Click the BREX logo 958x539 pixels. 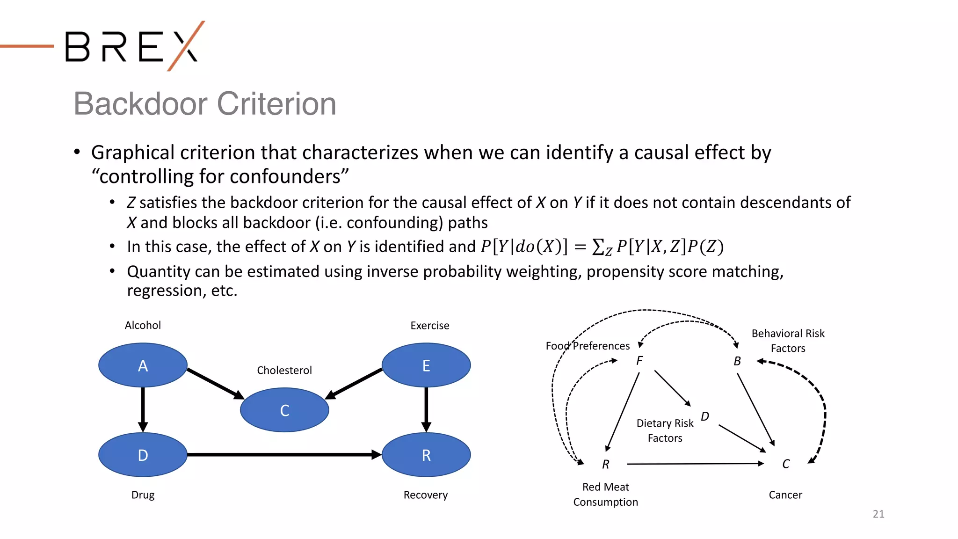pos(133,46)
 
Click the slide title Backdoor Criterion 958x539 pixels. pos(204,103)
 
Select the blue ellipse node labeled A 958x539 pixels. pos(143,365)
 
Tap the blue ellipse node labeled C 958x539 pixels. pos(284,410)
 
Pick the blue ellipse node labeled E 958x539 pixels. pos(426,365)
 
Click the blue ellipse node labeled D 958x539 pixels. pos(143,455)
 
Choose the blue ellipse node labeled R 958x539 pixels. pos(426,455)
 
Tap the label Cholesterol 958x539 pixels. pos(284,370)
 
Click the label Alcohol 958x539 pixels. pos(143,325)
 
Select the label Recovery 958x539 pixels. pos(425,495)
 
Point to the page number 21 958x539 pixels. pos(878,514)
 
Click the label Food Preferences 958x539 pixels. pos(588,346)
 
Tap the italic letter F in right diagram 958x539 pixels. pos(639,361)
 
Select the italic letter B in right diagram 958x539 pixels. pos(737,361)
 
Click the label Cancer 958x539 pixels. pos(785,495)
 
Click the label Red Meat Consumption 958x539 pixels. pos(605,494)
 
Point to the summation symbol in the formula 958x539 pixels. pos(598,247)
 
